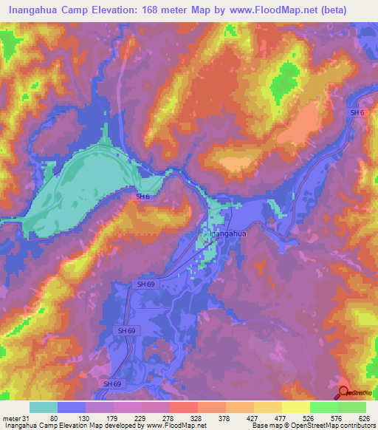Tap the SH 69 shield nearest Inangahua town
145,284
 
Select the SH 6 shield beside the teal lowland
142,197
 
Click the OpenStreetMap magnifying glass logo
344,393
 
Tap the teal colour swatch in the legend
43,407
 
